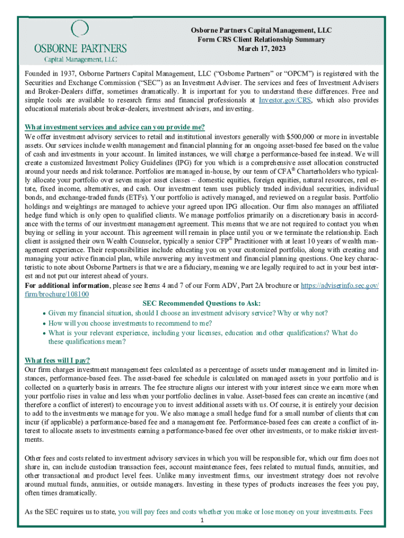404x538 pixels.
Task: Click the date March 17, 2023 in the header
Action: click(x=261, y=48)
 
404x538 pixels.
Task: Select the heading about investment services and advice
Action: click(x=114, y=127)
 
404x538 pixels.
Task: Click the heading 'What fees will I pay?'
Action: click(x=58, y=360)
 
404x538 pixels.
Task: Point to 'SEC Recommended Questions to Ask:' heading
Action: click(x=201, y=303)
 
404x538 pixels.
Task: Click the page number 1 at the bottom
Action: click(x=202, y=520)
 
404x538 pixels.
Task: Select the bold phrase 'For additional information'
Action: click(x=67, y=285)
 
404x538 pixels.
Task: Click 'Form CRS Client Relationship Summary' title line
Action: click(x=261, y=39)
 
